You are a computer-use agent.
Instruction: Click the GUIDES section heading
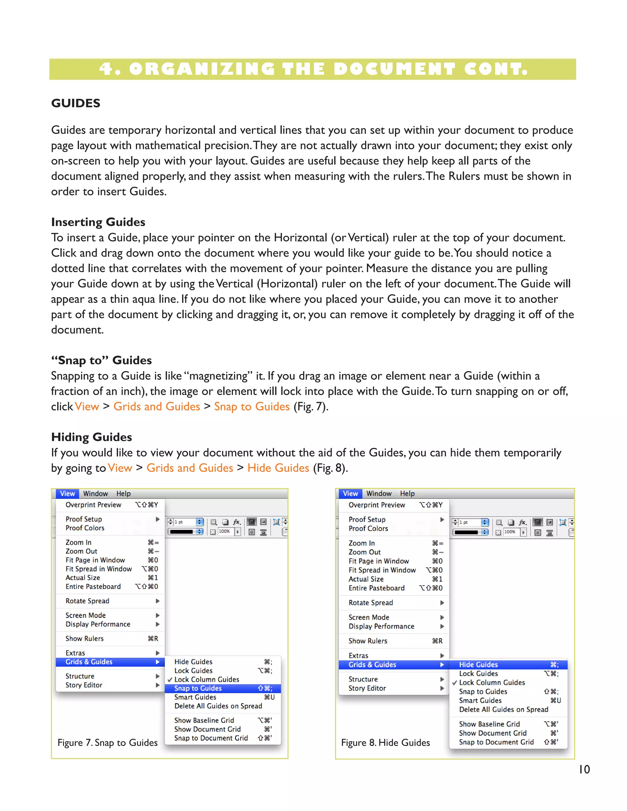point(76,103)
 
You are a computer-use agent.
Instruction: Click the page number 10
point(584,769)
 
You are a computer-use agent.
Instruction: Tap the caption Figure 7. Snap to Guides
point(107,742)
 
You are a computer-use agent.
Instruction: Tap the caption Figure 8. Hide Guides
point(385,742)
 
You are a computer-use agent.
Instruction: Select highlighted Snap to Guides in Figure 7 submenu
point(198,688)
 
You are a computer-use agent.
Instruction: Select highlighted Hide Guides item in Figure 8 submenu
point(479,664)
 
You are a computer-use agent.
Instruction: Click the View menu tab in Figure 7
point(67,494)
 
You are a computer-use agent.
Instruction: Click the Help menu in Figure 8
point(407,494)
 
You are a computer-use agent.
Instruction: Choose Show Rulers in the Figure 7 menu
point(85,638)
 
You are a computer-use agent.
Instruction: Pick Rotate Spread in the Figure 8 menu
point(371,603)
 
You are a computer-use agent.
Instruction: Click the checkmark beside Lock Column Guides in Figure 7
point(170,679)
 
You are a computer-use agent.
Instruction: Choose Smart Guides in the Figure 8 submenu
point(480,700)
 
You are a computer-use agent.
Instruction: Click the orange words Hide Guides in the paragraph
point(278,468)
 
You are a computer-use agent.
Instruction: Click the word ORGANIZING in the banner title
point(202,69)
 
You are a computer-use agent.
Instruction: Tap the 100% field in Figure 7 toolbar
point(224,531)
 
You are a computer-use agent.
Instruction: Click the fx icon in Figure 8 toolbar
point(523,522)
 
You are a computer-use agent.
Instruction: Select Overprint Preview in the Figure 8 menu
point(377,505)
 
